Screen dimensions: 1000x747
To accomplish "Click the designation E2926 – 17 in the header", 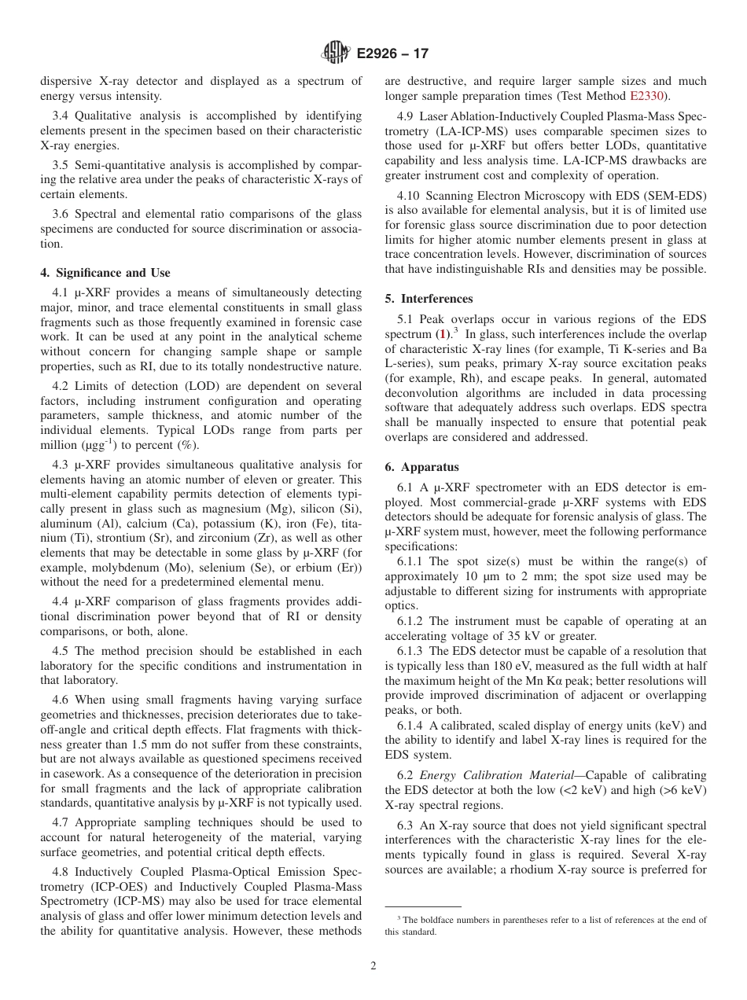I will click(x=392, y=54).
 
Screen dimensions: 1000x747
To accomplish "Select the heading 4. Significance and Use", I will click(x=105, y=273).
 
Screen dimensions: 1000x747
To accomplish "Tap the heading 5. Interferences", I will click(x=429, y=299).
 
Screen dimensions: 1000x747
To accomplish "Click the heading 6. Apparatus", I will click(x=422, y=467).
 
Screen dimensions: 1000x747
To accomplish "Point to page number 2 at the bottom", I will click(x=373, y=966).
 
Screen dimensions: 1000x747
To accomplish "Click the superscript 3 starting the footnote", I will click(x=399, y=918).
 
